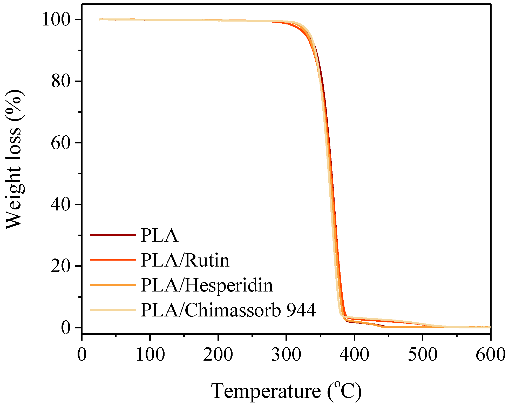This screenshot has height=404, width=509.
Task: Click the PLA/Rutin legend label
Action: pyautogui.click(x=185, y=260)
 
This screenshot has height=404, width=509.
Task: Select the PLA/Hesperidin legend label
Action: pyautogui.click(x=207, y=285)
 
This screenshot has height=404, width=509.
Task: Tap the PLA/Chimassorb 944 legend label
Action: pyautogui.click(x=228, y=310)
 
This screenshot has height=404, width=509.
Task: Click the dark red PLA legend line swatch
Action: pyautogui.click(x=113, y=235)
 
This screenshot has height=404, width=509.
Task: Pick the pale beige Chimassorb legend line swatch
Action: pyautogui.click(x=113, y=310)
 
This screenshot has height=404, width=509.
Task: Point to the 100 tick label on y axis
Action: pyautogui.click(x=56, y=19)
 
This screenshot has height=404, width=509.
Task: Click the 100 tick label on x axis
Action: pyautogui.click(x=150, y=354)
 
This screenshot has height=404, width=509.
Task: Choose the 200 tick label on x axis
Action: pyautogui.click(x=218, y=354)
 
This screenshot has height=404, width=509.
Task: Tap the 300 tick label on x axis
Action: pyautogui.click(x=286, y=354)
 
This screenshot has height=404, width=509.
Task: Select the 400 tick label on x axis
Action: pyautogui.click(x=354, y=354)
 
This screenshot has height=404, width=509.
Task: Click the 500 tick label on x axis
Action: pyautogui.click(x=423, y=354)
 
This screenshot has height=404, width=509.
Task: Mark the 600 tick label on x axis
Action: pyautogui.click(x=490, y=354)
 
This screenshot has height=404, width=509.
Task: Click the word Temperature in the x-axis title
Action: pyautogui.click(x=266, y=391)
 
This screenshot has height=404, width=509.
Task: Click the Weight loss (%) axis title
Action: pyautogui.click(x=14, y=160)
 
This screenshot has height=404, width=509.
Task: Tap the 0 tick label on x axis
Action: pyautogui.click(x=82, y=354)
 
